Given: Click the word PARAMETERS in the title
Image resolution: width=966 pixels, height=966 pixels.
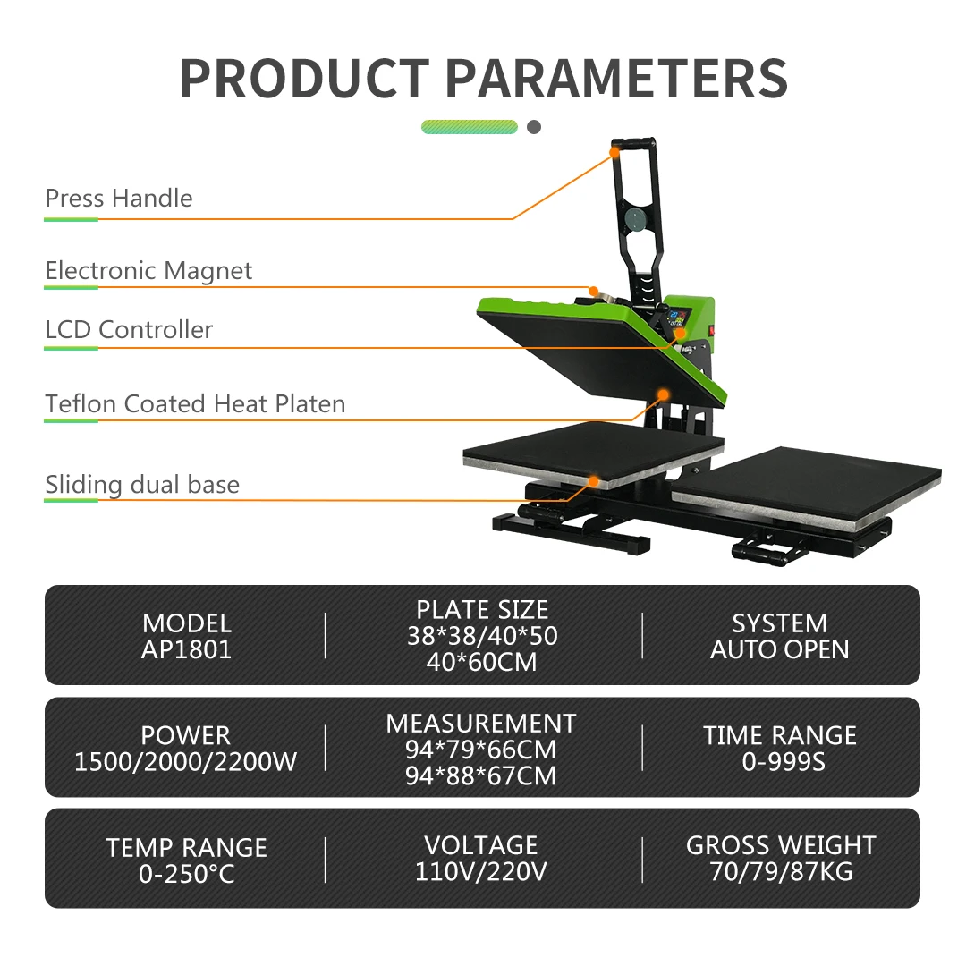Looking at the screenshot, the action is coord(616,79).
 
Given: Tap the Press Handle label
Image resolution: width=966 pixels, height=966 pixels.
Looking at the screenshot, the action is coord(119,198).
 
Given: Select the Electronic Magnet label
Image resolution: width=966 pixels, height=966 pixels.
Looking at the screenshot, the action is coord(148,270).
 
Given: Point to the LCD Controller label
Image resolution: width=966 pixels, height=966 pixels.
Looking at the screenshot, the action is coord(129,329).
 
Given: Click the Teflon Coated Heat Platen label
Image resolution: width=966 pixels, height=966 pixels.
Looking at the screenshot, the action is coord(195,403).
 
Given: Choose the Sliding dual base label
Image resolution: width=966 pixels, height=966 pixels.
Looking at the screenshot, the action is coord(142,485).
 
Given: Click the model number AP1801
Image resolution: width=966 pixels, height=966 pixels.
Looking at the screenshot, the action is coord(186,649).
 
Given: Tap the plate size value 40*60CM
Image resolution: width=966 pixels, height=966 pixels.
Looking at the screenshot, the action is coord(482,662).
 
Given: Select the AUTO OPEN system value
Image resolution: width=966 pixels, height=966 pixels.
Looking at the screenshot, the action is coord(779,649).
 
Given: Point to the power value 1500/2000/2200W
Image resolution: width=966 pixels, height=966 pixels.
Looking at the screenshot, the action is coord(186,762).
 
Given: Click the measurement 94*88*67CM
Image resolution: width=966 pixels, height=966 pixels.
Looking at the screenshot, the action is coord(481,775).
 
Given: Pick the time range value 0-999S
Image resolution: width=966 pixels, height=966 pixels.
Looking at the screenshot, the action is coord(779,762).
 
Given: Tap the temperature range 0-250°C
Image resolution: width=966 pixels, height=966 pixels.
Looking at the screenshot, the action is coord(186,874).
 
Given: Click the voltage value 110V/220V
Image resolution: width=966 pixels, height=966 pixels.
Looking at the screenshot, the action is coord(481,871).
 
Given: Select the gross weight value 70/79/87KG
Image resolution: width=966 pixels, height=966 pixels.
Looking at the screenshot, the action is coord(780,871).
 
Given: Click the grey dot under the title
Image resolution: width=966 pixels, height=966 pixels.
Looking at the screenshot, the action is coord(534,127).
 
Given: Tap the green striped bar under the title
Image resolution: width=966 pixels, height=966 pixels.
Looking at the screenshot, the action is coord(470,127).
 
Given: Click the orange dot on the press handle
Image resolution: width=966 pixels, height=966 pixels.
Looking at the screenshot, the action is coord(615,153).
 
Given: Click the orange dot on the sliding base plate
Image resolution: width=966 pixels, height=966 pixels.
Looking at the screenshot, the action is coord(592,481).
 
